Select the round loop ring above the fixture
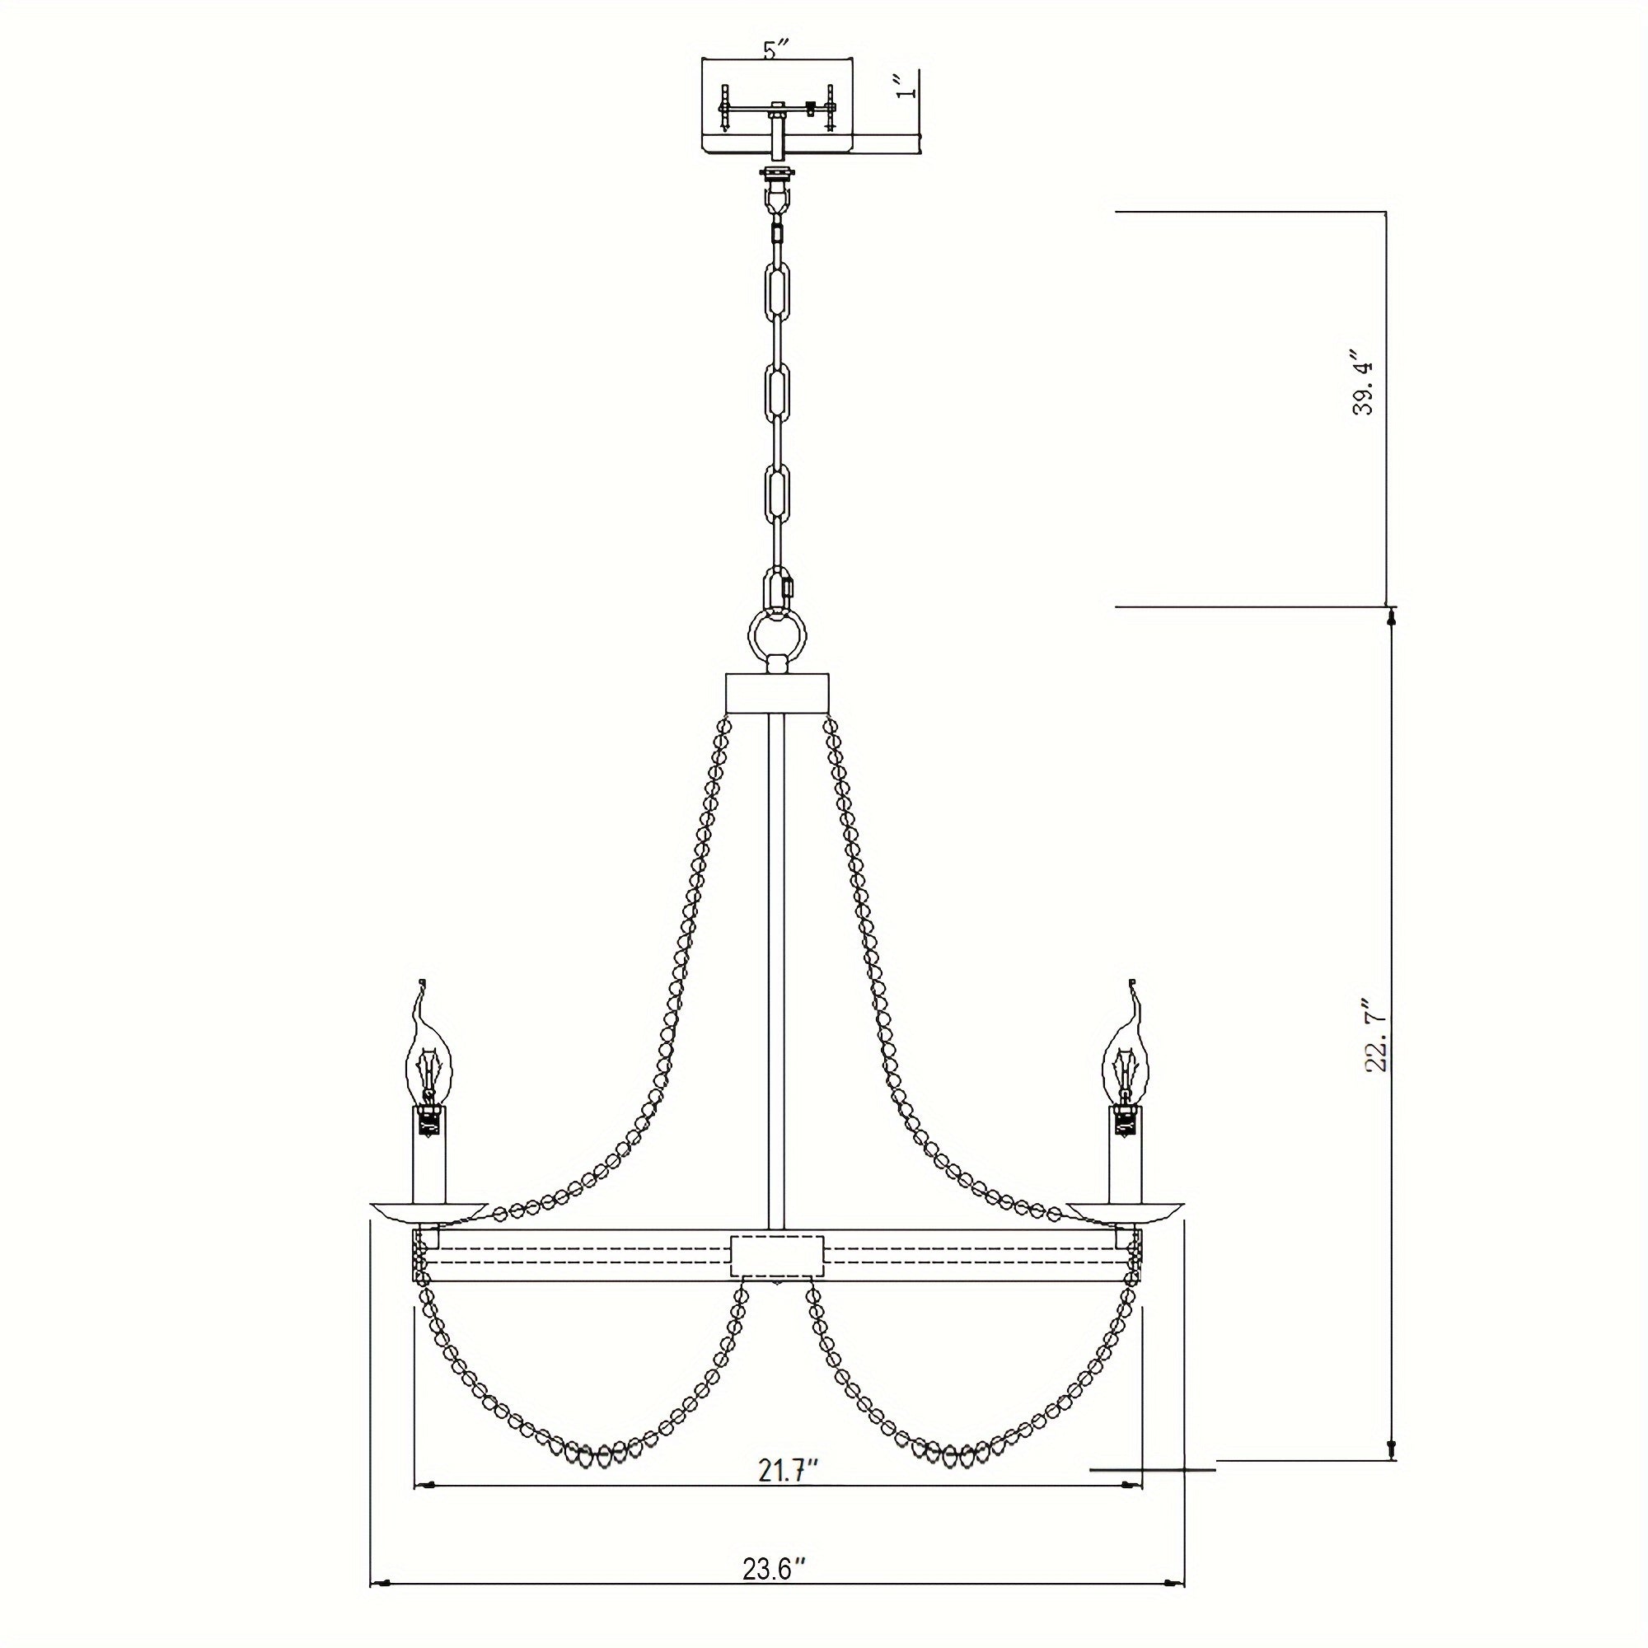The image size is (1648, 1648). click(776, 635)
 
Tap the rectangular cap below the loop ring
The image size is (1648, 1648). click(776, 693)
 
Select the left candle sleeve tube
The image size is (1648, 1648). click(429, 1156)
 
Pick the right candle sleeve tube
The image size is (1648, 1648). click(1125, 1156)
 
